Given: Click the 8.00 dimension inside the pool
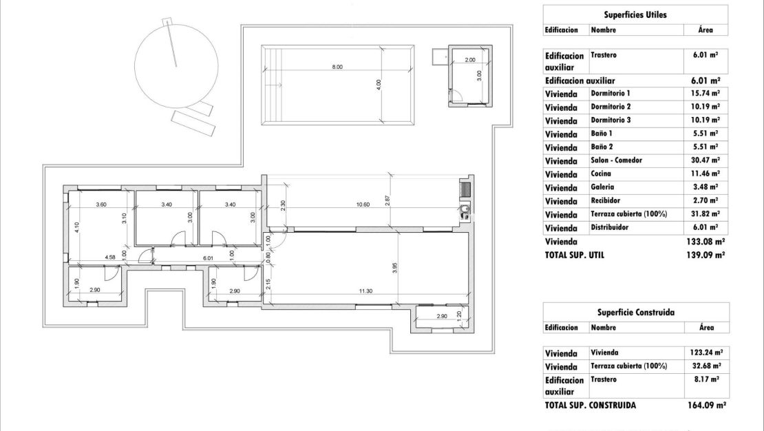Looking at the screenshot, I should pos(337,67).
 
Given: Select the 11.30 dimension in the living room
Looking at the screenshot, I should pos(365,291).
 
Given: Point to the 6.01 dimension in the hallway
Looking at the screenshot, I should pos(209,257).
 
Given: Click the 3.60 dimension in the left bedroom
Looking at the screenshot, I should pos(101,204).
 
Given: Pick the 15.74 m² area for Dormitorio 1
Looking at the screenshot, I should pos(705,93).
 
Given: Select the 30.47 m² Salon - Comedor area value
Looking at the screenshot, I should pos(705,160).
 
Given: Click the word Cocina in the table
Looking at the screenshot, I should pos(601,174).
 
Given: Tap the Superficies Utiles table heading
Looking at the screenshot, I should pos(635,14).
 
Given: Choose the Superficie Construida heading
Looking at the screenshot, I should pos(635,312).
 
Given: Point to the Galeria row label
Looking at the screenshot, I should pos(602,187).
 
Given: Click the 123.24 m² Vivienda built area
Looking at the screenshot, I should pos(705,352).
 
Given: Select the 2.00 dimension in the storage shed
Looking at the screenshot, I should pos(469,60).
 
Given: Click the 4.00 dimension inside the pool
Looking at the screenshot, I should pos(379,84).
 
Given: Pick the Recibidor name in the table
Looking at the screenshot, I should pos(605,200).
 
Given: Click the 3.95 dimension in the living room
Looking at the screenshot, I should pos(394,267).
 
